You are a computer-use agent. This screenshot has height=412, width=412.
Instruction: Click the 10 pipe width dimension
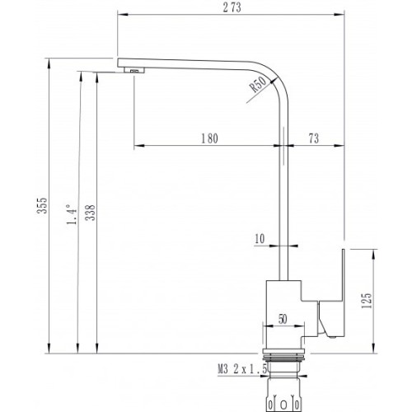point(260,239)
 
